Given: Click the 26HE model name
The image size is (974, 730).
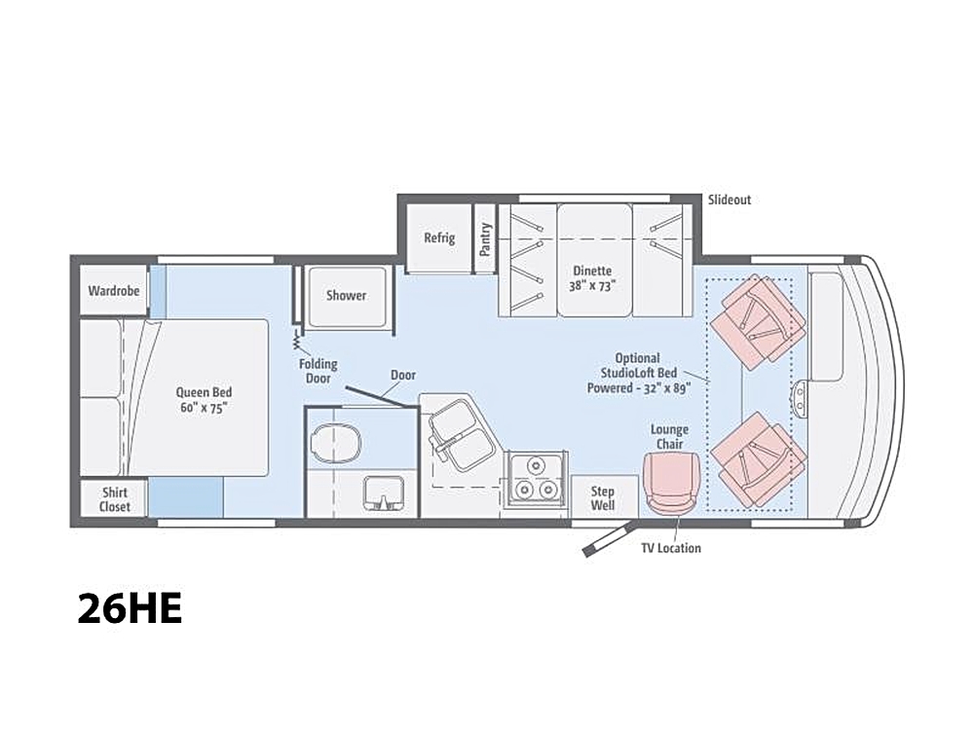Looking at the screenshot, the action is (130, 608).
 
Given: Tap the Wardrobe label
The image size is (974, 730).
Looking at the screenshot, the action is (114, 290).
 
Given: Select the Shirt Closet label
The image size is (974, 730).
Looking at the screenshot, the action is (115, 499).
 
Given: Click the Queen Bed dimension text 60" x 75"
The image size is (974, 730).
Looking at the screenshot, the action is (204, 408).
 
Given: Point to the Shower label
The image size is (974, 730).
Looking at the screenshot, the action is (346, 296).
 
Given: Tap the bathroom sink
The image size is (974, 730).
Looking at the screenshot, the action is (383, 493).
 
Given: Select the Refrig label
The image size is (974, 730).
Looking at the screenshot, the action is (439, 237).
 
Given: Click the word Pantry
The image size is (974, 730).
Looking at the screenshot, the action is (485, 239).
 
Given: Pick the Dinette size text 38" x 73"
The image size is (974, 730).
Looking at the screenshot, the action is (592, 286).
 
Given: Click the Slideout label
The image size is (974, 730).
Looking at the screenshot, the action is (730, 200).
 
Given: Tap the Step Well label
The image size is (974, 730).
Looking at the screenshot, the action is (603, 498).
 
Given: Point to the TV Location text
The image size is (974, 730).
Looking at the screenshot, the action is (671, 548).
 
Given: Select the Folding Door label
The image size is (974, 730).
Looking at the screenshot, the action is (318, 371).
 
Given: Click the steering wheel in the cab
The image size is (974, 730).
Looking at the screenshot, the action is (801, 397).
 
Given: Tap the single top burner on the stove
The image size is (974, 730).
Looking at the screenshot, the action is (535, 465).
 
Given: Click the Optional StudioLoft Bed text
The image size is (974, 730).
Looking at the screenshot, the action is (638, 366).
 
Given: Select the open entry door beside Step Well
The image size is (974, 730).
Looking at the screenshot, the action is (608, 539).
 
